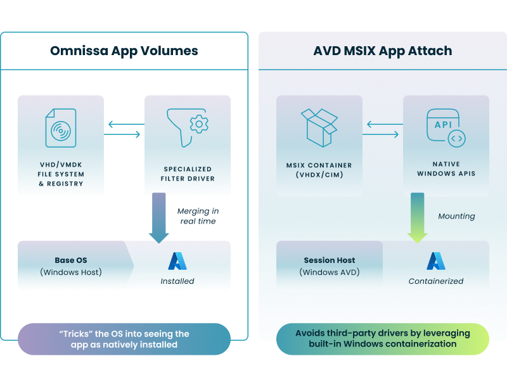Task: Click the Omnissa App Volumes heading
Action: (124, 51)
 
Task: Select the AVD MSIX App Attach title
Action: (382, 51)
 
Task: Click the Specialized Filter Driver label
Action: (188, 174)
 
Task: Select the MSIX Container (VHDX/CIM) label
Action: (319, 169)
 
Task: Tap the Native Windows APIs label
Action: (446, 169)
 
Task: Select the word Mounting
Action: (456, 216)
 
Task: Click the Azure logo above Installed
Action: (177, 261)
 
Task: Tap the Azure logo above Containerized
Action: (435, 261)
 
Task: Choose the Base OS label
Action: (72, 260)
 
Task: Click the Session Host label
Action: (329, 260)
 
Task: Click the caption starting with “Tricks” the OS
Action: (124, 339)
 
